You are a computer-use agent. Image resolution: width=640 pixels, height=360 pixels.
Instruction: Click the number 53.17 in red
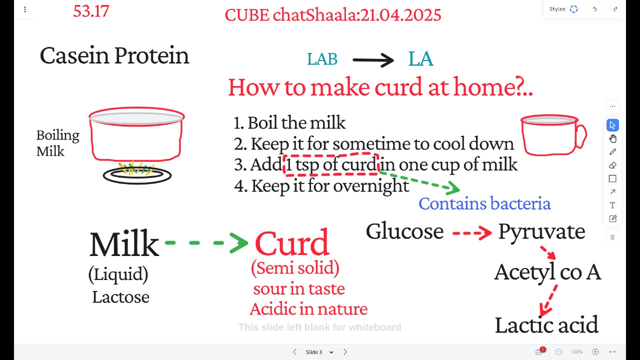91,11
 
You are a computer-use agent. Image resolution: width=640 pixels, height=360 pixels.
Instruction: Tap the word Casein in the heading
74,55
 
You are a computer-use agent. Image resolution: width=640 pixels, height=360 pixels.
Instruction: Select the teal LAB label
322,59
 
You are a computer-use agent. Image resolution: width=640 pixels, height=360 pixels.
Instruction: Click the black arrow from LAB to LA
373,60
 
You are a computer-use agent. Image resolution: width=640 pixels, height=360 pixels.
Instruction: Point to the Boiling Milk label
57,143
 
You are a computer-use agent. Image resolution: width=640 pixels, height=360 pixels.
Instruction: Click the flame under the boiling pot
136,168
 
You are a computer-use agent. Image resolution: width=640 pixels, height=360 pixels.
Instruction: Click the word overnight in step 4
371,186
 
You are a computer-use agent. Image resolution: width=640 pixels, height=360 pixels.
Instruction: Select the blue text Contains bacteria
484,203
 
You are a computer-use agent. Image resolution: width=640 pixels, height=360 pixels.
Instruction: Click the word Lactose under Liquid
120,297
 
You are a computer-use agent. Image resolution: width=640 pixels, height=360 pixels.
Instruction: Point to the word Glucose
404,231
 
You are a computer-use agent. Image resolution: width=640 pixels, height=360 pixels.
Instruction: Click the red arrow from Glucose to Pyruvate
472,233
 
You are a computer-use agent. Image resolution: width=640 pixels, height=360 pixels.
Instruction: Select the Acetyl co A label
547,273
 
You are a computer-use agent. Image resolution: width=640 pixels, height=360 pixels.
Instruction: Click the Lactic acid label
546,325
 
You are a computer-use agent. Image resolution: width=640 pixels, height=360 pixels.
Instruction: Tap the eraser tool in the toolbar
612,165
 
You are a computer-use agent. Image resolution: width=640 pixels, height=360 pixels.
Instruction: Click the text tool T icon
612,205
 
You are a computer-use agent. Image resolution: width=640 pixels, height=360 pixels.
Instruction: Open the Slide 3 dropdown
331,352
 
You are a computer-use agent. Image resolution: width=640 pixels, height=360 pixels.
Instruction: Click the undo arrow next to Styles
595,9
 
